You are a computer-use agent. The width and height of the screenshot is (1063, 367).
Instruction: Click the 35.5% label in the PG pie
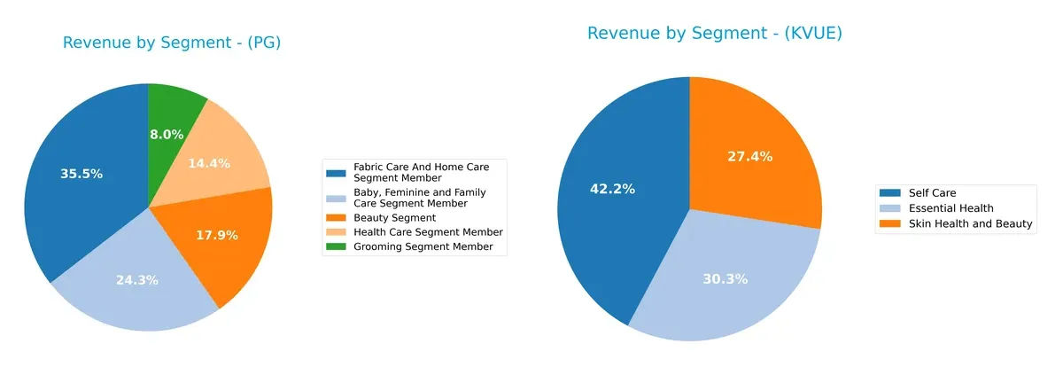81,174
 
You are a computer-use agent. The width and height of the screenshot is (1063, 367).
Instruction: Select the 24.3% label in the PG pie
137,280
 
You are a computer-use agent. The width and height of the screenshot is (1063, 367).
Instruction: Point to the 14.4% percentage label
210,163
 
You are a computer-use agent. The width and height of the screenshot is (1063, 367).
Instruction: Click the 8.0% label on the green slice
167,135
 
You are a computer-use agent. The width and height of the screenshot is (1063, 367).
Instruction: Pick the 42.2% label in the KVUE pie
613,188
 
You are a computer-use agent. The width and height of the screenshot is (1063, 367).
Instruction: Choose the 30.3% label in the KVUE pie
725,278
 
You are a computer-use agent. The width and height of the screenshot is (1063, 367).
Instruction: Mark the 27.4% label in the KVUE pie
749,156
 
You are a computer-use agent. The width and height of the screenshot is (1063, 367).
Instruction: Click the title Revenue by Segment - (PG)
172,43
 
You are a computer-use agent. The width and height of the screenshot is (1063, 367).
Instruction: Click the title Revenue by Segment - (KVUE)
714,33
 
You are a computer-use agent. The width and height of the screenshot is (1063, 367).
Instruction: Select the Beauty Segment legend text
394,217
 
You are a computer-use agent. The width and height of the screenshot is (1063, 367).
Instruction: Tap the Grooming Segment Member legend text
423,246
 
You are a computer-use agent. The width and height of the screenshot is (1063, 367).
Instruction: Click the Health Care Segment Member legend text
428,232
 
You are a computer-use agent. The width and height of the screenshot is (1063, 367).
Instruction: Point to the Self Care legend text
931,192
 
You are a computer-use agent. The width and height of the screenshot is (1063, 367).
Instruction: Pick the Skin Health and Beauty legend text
969,224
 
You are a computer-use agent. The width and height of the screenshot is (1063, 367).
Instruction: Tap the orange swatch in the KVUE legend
890,224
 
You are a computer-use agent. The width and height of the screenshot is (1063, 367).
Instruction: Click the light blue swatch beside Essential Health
890,208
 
